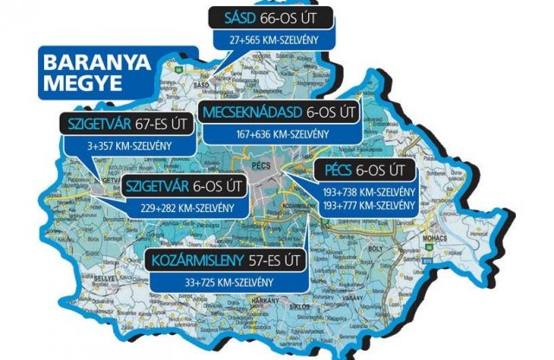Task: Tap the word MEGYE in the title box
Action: [79, 86]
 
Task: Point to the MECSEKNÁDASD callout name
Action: [256, 112]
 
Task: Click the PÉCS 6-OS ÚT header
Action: [369, 170]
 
